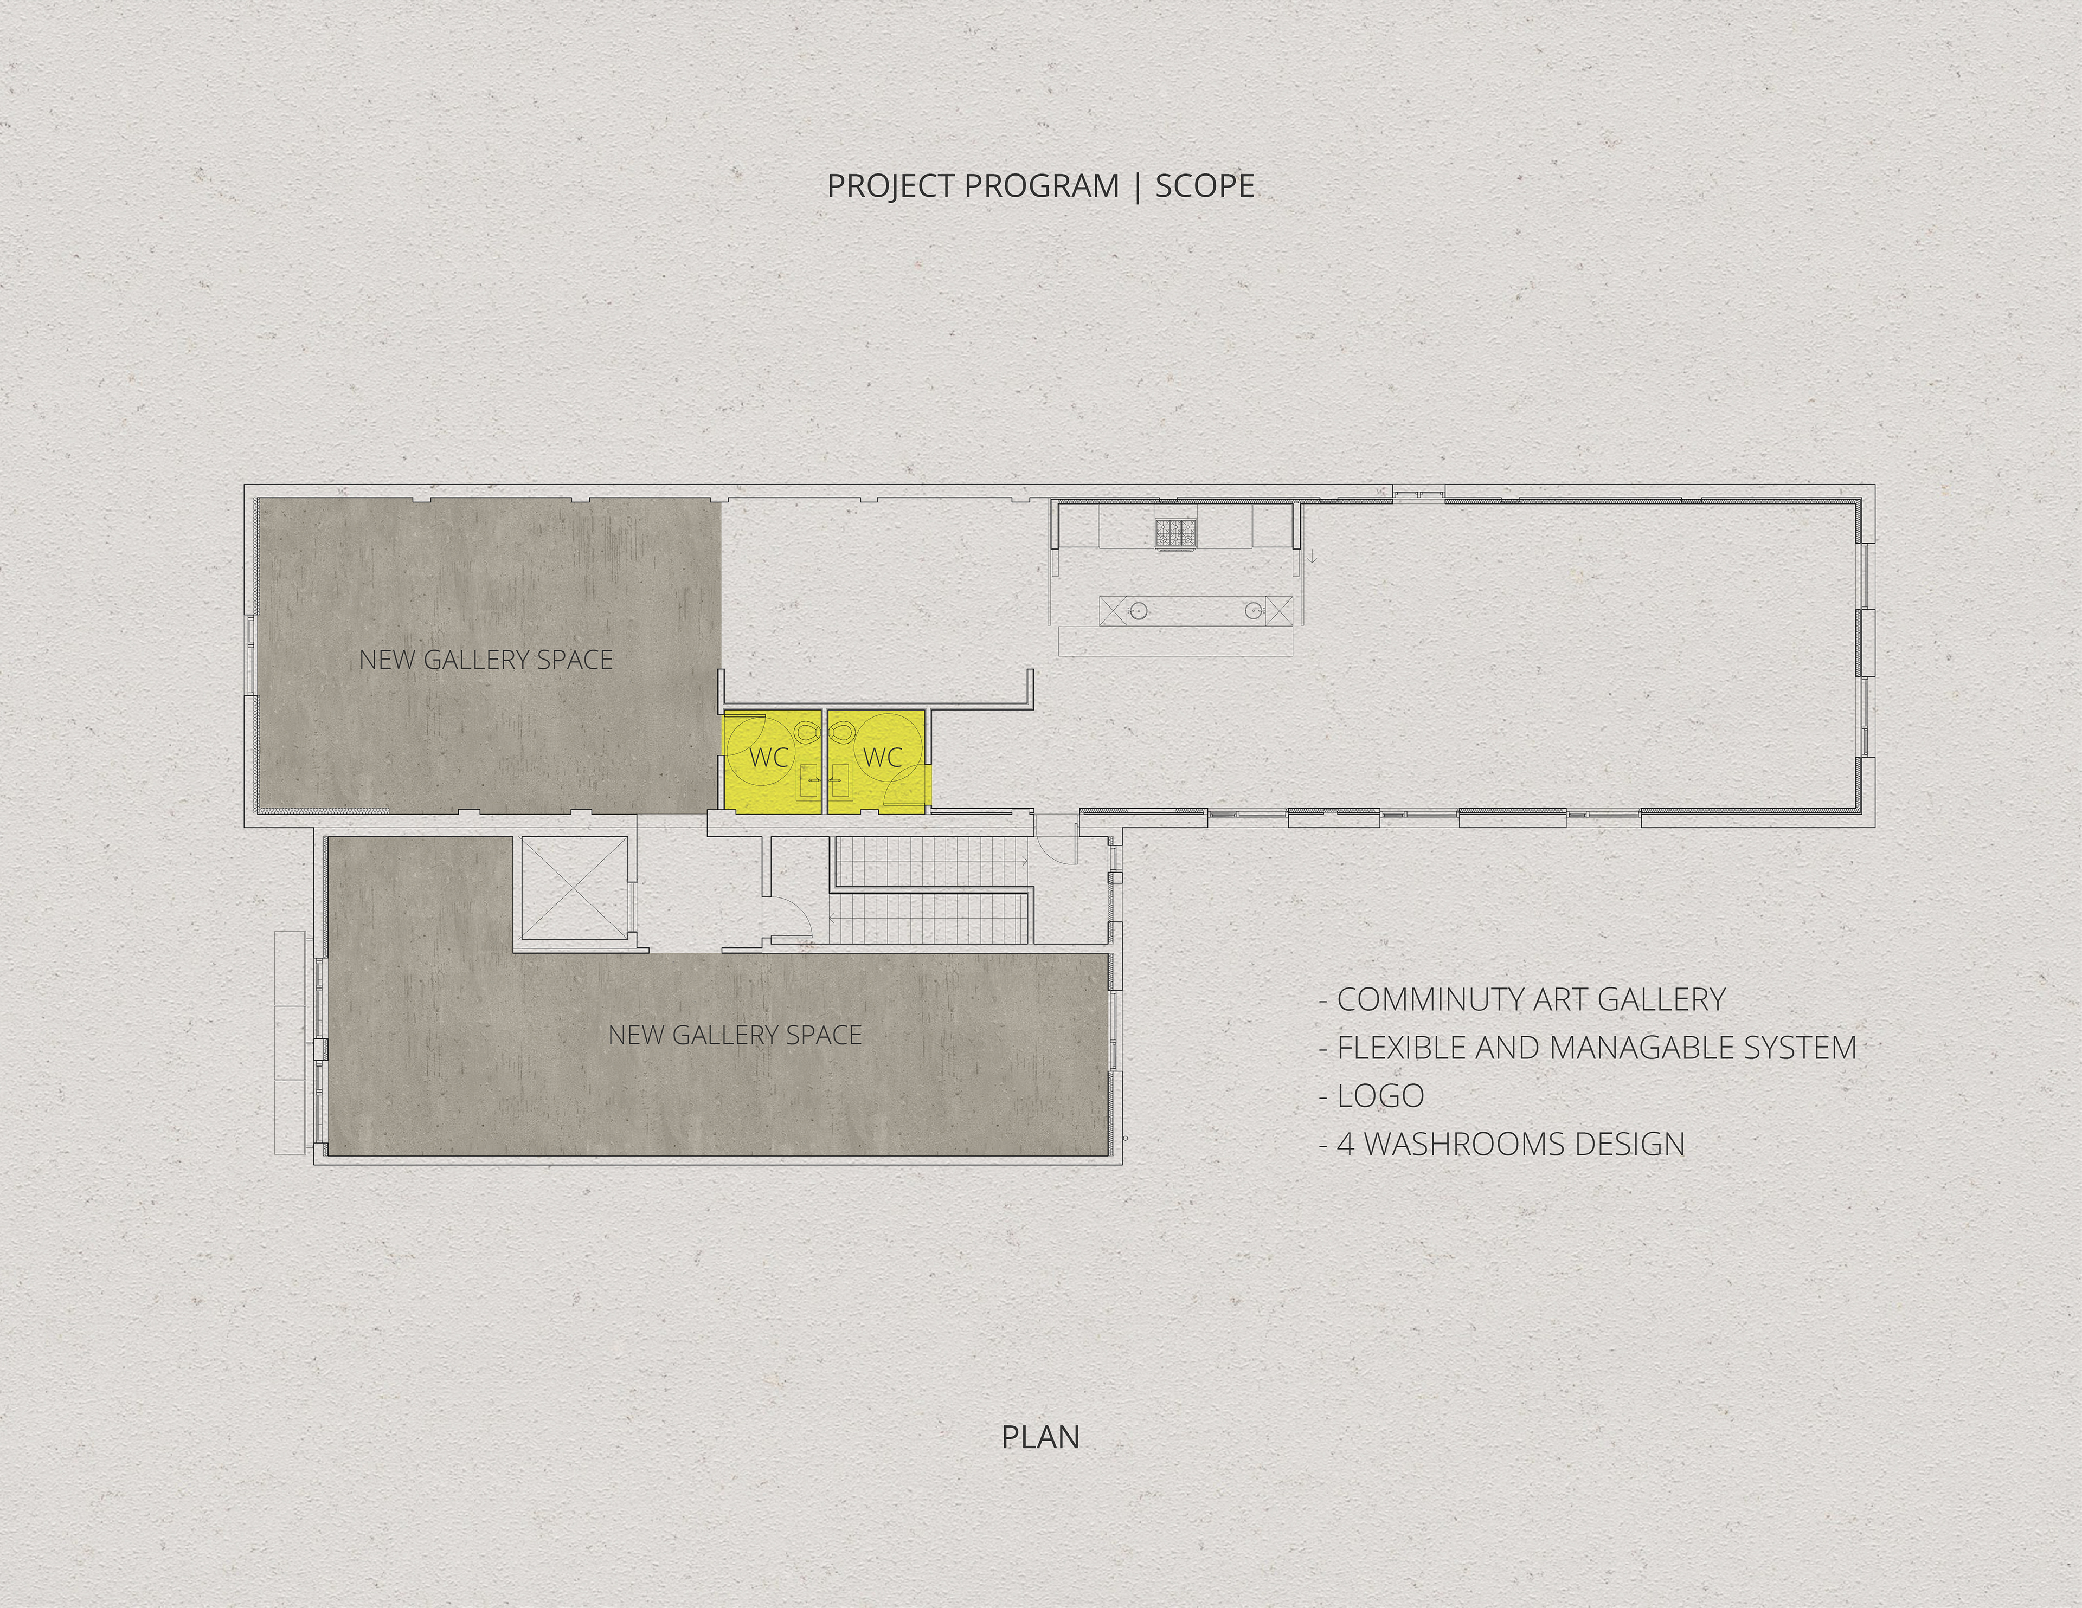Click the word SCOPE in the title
coord(1204,186)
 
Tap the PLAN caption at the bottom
coord(1040,1464)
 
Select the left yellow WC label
coord(768,758)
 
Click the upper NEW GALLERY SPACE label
coord(486,660)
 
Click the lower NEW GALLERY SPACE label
coord(735,1035)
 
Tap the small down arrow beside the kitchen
coord(1313,557)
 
